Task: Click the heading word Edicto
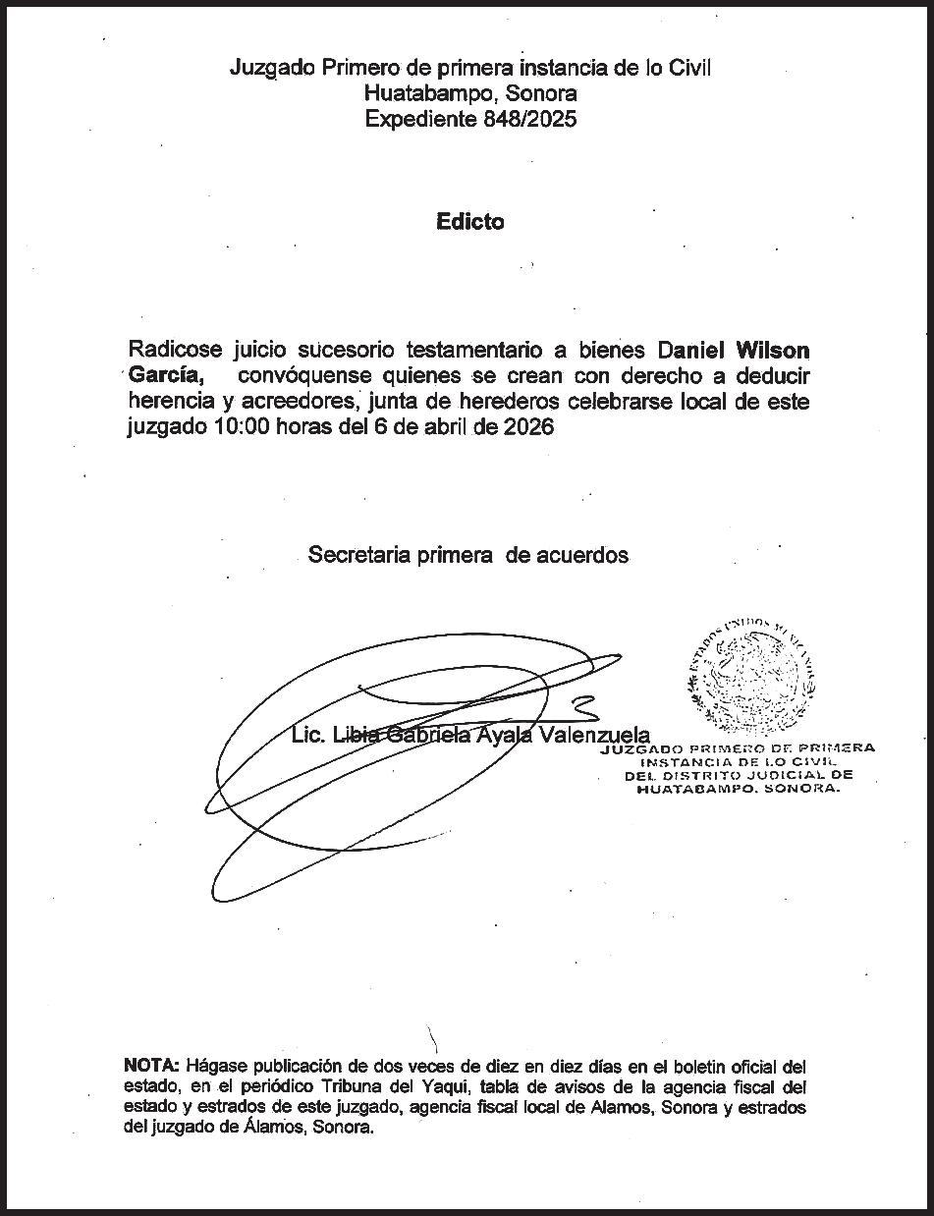tap(469, 222)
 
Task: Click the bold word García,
tap(166, 376)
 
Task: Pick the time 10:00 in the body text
tap(236, 427)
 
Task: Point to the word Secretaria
tap(360, 555)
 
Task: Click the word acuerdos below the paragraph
tap(582, 555)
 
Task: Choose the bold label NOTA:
tap(152, 1066)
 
